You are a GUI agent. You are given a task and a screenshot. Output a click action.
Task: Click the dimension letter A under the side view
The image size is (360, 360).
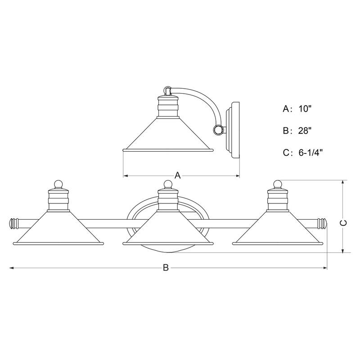click(177, 175)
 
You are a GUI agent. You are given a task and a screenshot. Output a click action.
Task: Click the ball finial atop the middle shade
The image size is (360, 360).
click(168, 184)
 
